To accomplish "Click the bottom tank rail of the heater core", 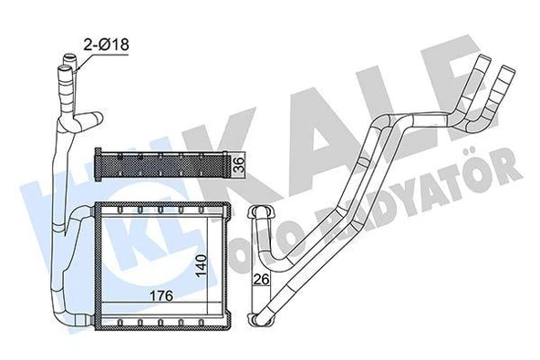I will (x=161, y=320).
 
